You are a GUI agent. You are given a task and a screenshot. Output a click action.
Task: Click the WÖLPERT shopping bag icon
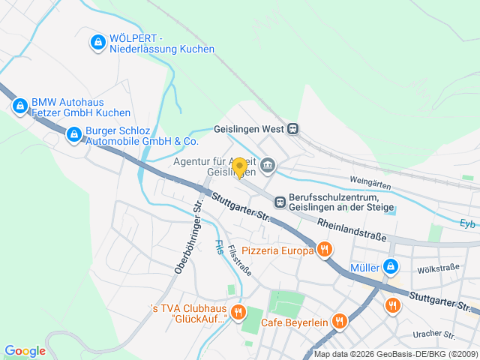coord(97,43)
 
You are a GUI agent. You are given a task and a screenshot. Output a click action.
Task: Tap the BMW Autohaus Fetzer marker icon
coord(19,107)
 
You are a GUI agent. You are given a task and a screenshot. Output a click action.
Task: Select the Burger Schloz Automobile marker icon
coord(73,135)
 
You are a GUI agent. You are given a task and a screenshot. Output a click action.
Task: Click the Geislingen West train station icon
coord(292,128)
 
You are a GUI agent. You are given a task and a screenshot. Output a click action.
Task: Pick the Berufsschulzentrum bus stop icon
coord(279,202)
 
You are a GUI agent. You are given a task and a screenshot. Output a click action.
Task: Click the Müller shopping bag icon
coord(391,266)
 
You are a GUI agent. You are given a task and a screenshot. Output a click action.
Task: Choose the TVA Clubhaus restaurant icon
coord(238,311)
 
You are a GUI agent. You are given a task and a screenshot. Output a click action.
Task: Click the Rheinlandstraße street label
coord(352,229)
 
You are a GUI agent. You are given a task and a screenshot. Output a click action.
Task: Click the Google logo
coord(25,350)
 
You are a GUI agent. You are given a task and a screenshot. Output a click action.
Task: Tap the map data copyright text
coord(395,354)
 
